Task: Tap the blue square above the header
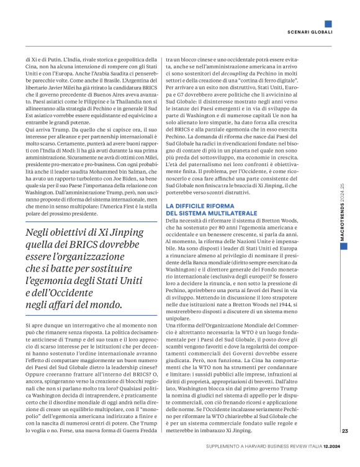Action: point(328,24)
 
